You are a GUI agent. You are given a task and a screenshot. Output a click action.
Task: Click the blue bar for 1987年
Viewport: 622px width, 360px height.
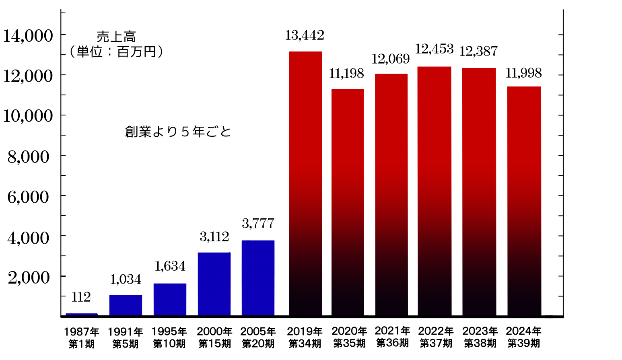pyautogui.click(x=82, y=315)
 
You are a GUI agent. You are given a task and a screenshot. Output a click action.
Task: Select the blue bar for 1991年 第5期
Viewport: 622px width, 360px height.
pyautogui.click(x=126, y=305)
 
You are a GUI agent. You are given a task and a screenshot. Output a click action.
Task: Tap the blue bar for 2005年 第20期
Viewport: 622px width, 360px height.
pyautogui.click(x=258, y=278)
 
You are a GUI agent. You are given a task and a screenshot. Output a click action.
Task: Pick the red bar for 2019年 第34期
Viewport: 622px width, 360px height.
pyautogui.click(x=305, y=183)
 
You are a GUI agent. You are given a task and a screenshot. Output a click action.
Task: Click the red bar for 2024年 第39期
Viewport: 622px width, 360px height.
pyautogui.click(x=524, y=201)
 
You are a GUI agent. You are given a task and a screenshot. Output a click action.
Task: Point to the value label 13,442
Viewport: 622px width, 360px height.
pyautogui.click(x=305, y=35)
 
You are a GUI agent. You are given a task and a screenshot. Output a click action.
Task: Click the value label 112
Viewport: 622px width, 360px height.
pyautogui.click(x=81, y=297)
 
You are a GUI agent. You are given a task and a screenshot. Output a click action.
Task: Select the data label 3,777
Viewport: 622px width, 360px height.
pyautogui.click(x=258, y=223)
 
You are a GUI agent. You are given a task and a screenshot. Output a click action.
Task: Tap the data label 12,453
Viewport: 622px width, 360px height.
pyautogui.click(x=434, y=49)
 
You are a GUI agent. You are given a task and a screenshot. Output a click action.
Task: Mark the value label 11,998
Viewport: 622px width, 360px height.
pyautogui.click(x=523, y=73)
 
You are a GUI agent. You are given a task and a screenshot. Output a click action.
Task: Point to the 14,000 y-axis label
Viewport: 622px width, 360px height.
pyautogui.click(x=28, y=36)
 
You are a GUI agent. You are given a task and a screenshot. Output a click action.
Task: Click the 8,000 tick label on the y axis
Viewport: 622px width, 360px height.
pyautogui.click(x=29, y=157)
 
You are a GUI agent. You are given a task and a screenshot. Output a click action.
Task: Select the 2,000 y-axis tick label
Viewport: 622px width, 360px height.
pyautogui.click(x=29, y=278)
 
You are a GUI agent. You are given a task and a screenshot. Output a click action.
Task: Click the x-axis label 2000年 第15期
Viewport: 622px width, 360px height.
pyautogui.click(x=214, y=337)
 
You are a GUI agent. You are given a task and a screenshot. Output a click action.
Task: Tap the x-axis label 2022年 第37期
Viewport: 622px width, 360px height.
pyautogui.click(x=436, y=337)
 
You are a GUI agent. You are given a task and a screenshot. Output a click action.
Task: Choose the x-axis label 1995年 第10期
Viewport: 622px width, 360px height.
pyautogui.click(x=169, y=337)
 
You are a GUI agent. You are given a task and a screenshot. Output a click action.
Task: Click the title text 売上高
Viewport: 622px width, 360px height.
pyautogui.click(x=116, y=37)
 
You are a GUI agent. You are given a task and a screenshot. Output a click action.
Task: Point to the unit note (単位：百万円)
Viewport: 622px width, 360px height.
pyautogui.click(x=116, y=52)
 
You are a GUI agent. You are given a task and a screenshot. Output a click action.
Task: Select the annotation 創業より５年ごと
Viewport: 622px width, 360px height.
pyautogui.click(x=178, y=132)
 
